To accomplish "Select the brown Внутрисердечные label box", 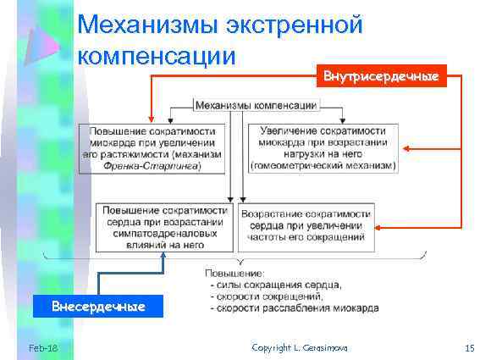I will tap(380, 76).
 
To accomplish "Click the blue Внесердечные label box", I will tap(98, 305).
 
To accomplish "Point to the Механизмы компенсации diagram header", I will tap(256, 105).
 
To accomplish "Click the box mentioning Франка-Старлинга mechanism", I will tap(153, 149).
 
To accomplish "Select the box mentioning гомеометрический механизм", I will tap(323, 149).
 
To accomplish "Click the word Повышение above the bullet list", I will tap(234, 273).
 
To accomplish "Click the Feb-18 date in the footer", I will tap(41, 348).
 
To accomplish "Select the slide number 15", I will tap(470, 348).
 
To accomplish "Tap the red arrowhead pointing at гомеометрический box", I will tap(406, 148).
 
